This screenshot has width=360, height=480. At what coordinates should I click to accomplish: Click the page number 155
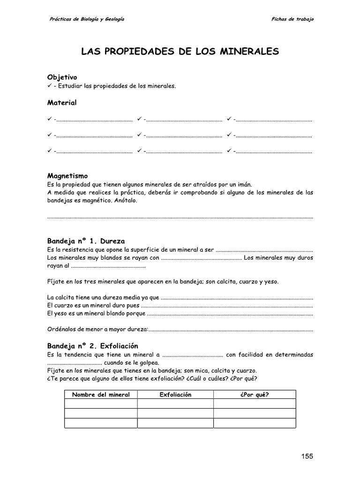tap(307, 456)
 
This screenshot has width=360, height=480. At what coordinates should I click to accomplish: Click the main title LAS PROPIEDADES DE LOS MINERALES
tap(180, 51)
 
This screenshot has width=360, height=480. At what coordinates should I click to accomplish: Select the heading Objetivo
tap(62, 77)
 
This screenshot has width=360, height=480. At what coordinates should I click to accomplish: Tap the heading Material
tap(62, 102)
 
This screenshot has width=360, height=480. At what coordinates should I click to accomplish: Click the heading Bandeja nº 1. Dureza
tap(86, 241)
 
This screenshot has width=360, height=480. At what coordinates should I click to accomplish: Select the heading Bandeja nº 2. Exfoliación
tap(93, 346)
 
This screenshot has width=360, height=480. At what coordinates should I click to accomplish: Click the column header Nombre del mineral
tap(100, 395)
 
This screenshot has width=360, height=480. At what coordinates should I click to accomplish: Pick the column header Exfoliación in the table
tap(176, 395)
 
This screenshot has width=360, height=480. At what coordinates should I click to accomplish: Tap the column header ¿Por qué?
tap(254, 395)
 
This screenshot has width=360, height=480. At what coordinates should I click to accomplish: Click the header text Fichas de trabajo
tap(292, 19)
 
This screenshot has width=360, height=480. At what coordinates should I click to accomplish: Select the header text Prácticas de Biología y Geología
tap(87, 19)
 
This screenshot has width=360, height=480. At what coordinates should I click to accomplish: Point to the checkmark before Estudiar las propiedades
tap(50, 86)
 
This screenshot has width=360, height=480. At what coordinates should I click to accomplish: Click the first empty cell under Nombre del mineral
tap(100, 404)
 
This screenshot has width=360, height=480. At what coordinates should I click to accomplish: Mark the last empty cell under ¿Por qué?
tap(254, 423)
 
